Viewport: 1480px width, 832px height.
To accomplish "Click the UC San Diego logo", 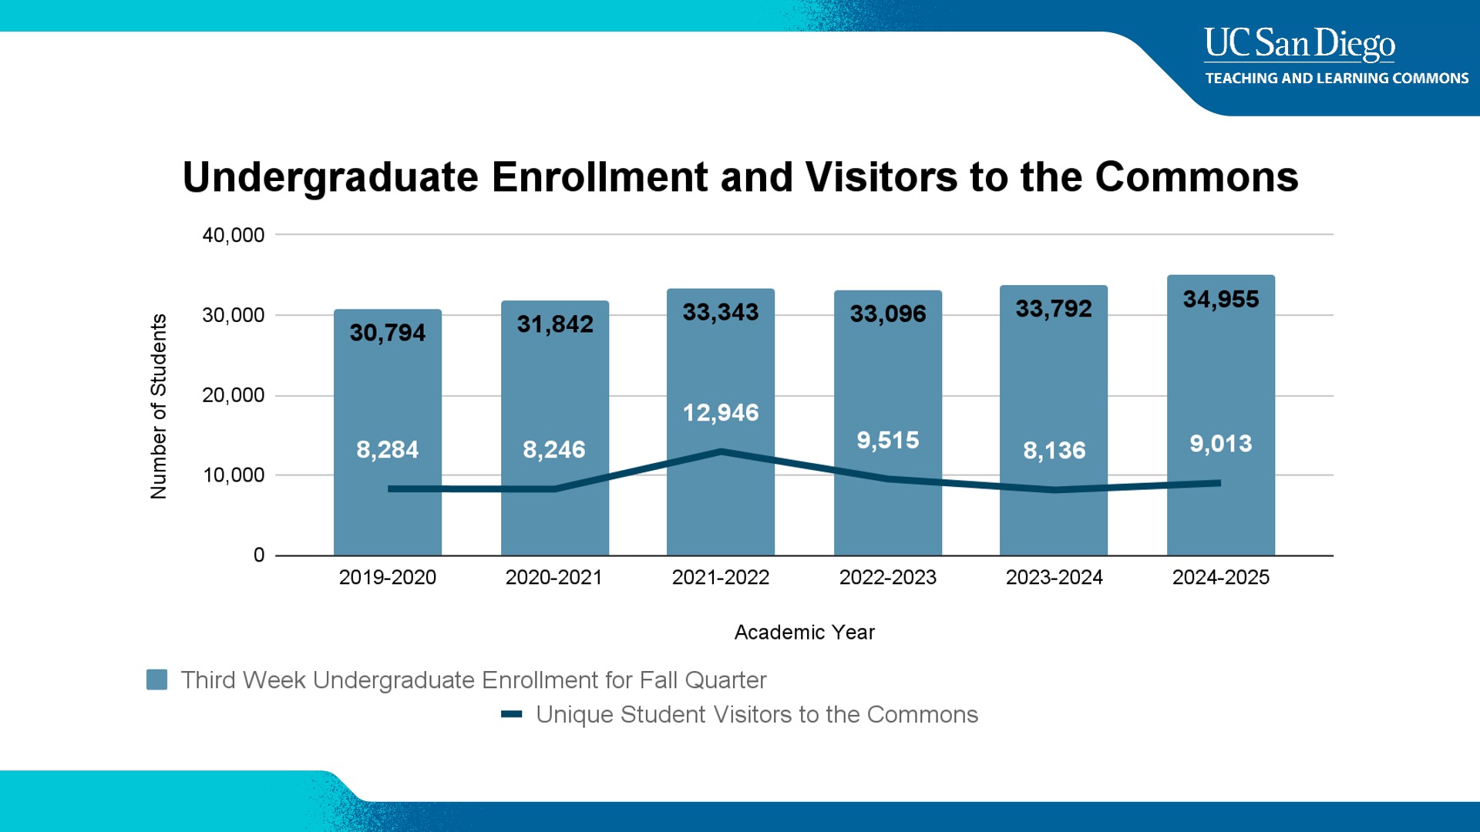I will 1300,44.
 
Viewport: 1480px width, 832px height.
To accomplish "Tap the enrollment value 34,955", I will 1220,299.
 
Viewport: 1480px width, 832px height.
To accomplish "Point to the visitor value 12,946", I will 721,412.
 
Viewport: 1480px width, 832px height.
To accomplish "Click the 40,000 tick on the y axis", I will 233,235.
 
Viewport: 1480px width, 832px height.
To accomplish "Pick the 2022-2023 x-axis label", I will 887,577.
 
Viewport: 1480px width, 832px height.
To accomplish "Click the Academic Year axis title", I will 804,632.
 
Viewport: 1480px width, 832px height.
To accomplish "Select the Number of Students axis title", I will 158,406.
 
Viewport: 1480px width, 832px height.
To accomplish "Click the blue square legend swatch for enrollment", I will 157,679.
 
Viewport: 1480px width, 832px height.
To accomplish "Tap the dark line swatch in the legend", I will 512,714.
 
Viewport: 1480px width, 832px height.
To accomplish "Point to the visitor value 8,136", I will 1054,450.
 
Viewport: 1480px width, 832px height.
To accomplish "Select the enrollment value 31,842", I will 555,324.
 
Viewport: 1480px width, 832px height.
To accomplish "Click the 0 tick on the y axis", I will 259,555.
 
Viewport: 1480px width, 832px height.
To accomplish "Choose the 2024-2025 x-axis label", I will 1220,577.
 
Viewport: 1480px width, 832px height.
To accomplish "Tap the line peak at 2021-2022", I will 721,451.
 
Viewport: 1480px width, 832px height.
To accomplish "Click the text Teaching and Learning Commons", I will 1337,79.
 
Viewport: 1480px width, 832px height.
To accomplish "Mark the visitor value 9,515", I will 887,440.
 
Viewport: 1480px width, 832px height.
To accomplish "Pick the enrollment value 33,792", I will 1054,309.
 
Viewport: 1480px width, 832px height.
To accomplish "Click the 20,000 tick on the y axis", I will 233,395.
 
